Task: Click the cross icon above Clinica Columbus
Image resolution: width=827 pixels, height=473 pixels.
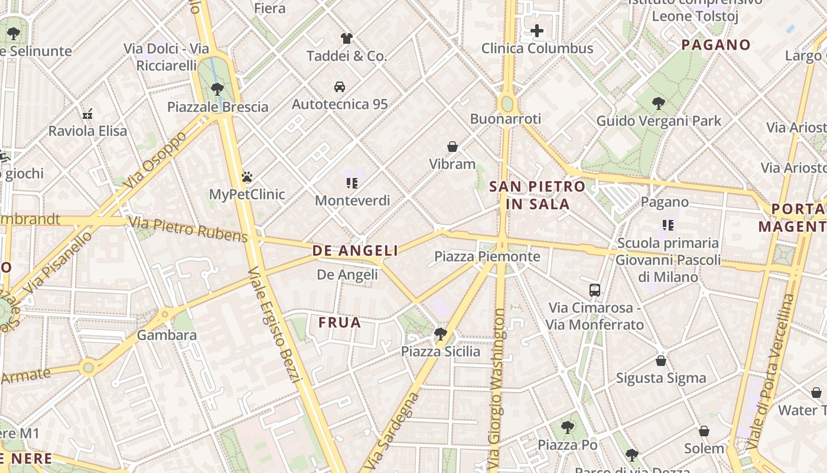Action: [x=536, y=31]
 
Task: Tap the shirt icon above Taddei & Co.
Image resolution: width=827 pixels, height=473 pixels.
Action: [x=347, y=38]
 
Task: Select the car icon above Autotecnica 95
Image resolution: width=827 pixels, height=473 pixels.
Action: [x=340, y=87]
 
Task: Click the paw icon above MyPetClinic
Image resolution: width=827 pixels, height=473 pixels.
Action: [x=247, y=177]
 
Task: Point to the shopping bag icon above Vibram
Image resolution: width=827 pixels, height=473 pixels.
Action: [x=452, y=147]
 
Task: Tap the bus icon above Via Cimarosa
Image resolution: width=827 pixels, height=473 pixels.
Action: [x=595, y=290]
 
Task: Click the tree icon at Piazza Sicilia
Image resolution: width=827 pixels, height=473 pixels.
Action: [x=440, y=334]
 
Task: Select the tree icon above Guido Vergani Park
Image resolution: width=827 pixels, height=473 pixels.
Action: [x=659, y=103]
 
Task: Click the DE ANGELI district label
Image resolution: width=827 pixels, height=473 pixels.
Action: [x=355, y=251]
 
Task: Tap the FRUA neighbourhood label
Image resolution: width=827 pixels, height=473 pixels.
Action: [x=340, y=322]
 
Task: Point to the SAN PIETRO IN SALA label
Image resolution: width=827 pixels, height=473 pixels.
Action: [x=538, y=196]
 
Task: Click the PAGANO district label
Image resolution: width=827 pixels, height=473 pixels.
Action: [x=716, y=45]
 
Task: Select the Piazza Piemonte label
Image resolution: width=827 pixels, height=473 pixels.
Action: [x=487, y=257]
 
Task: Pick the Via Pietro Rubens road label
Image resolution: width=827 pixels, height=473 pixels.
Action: [x=188, y=229]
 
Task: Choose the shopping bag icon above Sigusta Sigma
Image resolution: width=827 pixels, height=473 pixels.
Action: [x=661, y=361]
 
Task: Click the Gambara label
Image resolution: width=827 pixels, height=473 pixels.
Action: [x=167, y=335]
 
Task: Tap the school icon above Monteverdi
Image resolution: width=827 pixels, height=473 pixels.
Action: [x=352, y=183]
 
